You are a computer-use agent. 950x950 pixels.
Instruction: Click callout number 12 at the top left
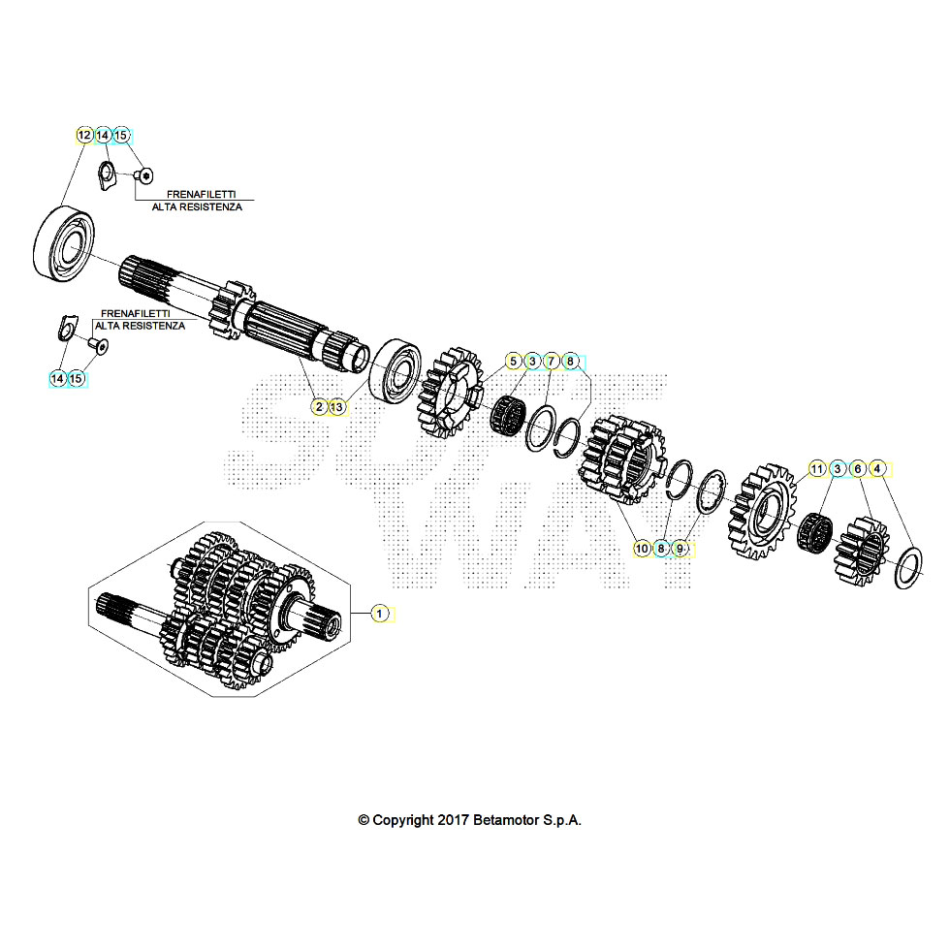pos(83,135)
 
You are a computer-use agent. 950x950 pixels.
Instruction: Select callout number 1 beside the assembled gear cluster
pos(380,613)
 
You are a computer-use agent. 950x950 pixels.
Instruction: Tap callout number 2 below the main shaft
pos(318,407)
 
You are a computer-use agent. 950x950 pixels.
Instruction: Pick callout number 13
pos(336,407)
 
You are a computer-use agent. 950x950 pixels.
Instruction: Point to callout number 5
pos(513,362)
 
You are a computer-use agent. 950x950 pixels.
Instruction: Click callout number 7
pos(551,362)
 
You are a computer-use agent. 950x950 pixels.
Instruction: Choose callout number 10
pos(642,549)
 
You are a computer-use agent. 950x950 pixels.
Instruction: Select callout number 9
pos(680,549)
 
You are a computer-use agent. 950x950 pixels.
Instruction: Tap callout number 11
pos(817,469)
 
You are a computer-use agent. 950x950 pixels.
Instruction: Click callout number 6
pos(857,469)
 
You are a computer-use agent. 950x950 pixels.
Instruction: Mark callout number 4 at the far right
pos(876,469)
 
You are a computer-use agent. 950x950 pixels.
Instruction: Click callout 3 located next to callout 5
pos(531,362)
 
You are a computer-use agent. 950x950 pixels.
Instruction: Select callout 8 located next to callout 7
pos(570,362)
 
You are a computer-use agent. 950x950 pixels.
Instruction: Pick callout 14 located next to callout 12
pos(103,135)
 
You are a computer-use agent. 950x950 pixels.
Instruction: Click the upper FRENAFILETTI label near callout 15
pos(201,194)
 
